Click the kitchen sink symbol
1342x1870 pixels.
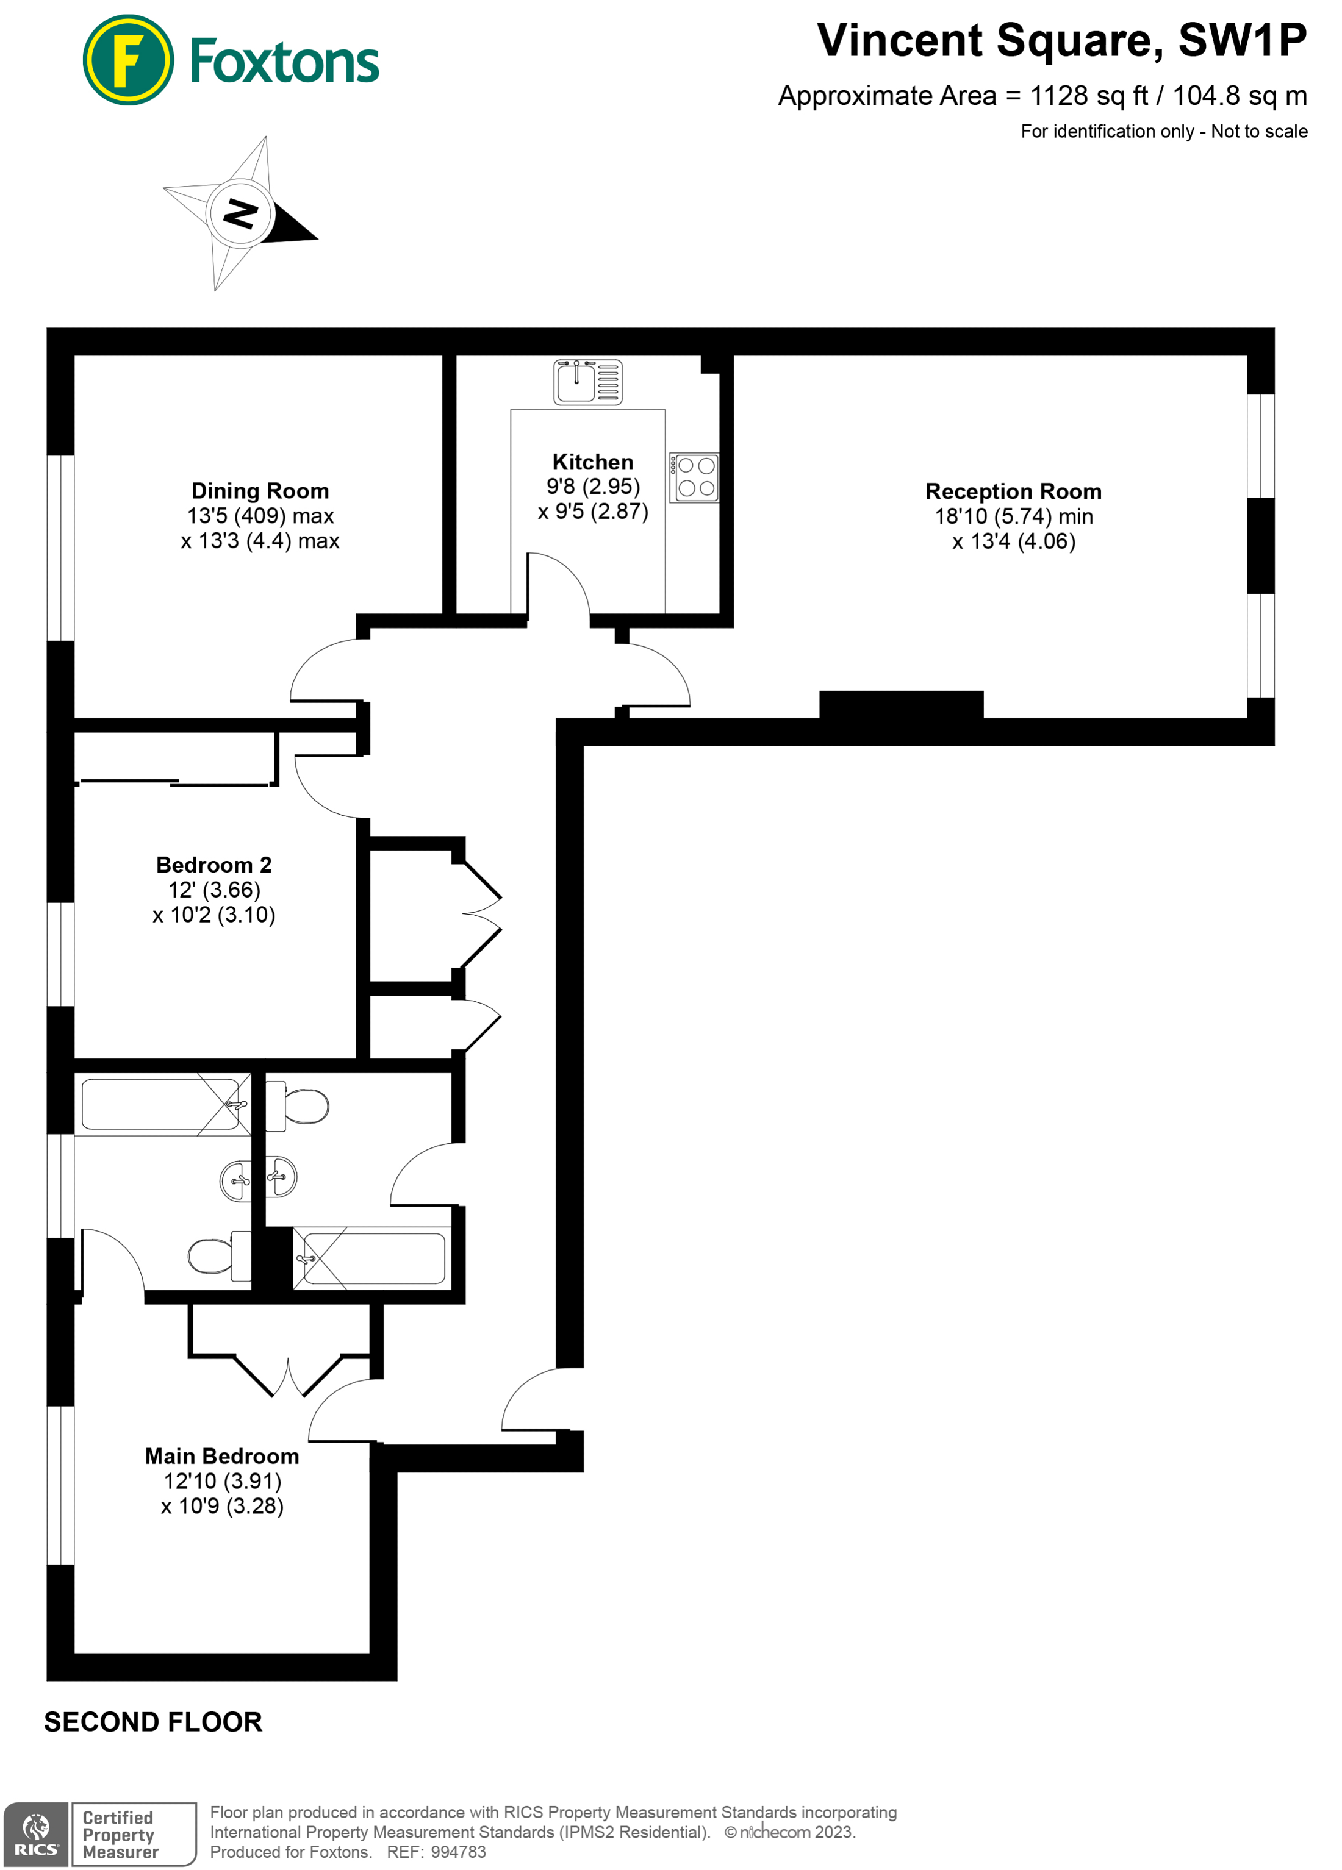pyautogui.click(x=587, y=382)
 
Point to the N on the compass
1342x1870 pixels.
pyautogui.click(x=240, y=213)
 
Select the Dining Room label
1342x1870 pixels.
pyautogui.click(x=260, y=491)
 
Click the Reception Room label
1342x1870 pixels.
pyautogui.click(x=1013, y=492)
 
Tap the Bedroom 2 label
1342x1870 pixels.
pyautogui.click(x=213, y=865)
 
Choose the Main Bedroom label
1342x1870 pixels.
pyautogui.click(x=222, y=1456)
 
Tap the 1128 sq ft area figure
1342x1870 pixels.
pyautogui.click(x=1088, y=96)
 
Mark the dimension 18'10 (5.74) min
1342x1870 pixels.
pyautogui.click(x=1013, y=517)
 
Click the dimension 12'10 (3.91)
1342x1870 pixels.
pyautogui.click(x=222, y=1482)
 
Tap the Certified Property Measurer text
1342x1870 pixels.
pyautogui.click(x=120, y=1835)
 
